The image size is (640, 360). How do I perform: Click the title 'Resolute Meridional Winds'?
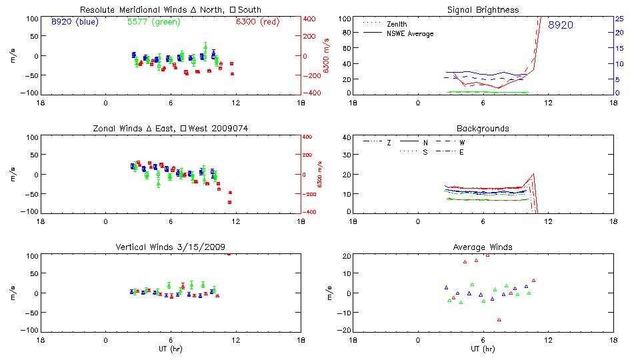(170, 10)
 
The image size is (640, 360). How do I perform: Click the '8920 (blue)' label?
(73, 21)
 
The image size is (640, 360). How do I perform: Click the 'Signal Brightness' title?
(483, 10)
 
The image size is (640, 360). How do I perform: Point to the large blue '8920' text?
(560, 25)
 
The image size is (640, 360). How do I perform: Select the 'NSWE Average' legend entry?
(409, 33)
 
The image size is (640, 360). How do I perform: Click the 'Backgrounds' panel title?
(483, 128)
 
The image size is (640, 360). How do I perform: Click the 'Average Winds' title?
(483, 247)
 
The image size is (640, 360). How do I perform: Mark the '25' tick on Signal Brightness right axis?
(618, 19)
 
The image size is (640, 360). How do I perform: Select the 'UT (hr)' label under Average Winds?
(483, 349)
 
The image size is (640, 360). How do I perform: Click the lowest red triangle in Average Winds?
(499, 320)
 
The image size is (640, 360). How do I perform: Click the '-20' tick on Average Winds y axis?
(345, 331)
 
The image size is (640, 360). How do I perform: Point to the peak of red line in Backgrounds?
(533, 174)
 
